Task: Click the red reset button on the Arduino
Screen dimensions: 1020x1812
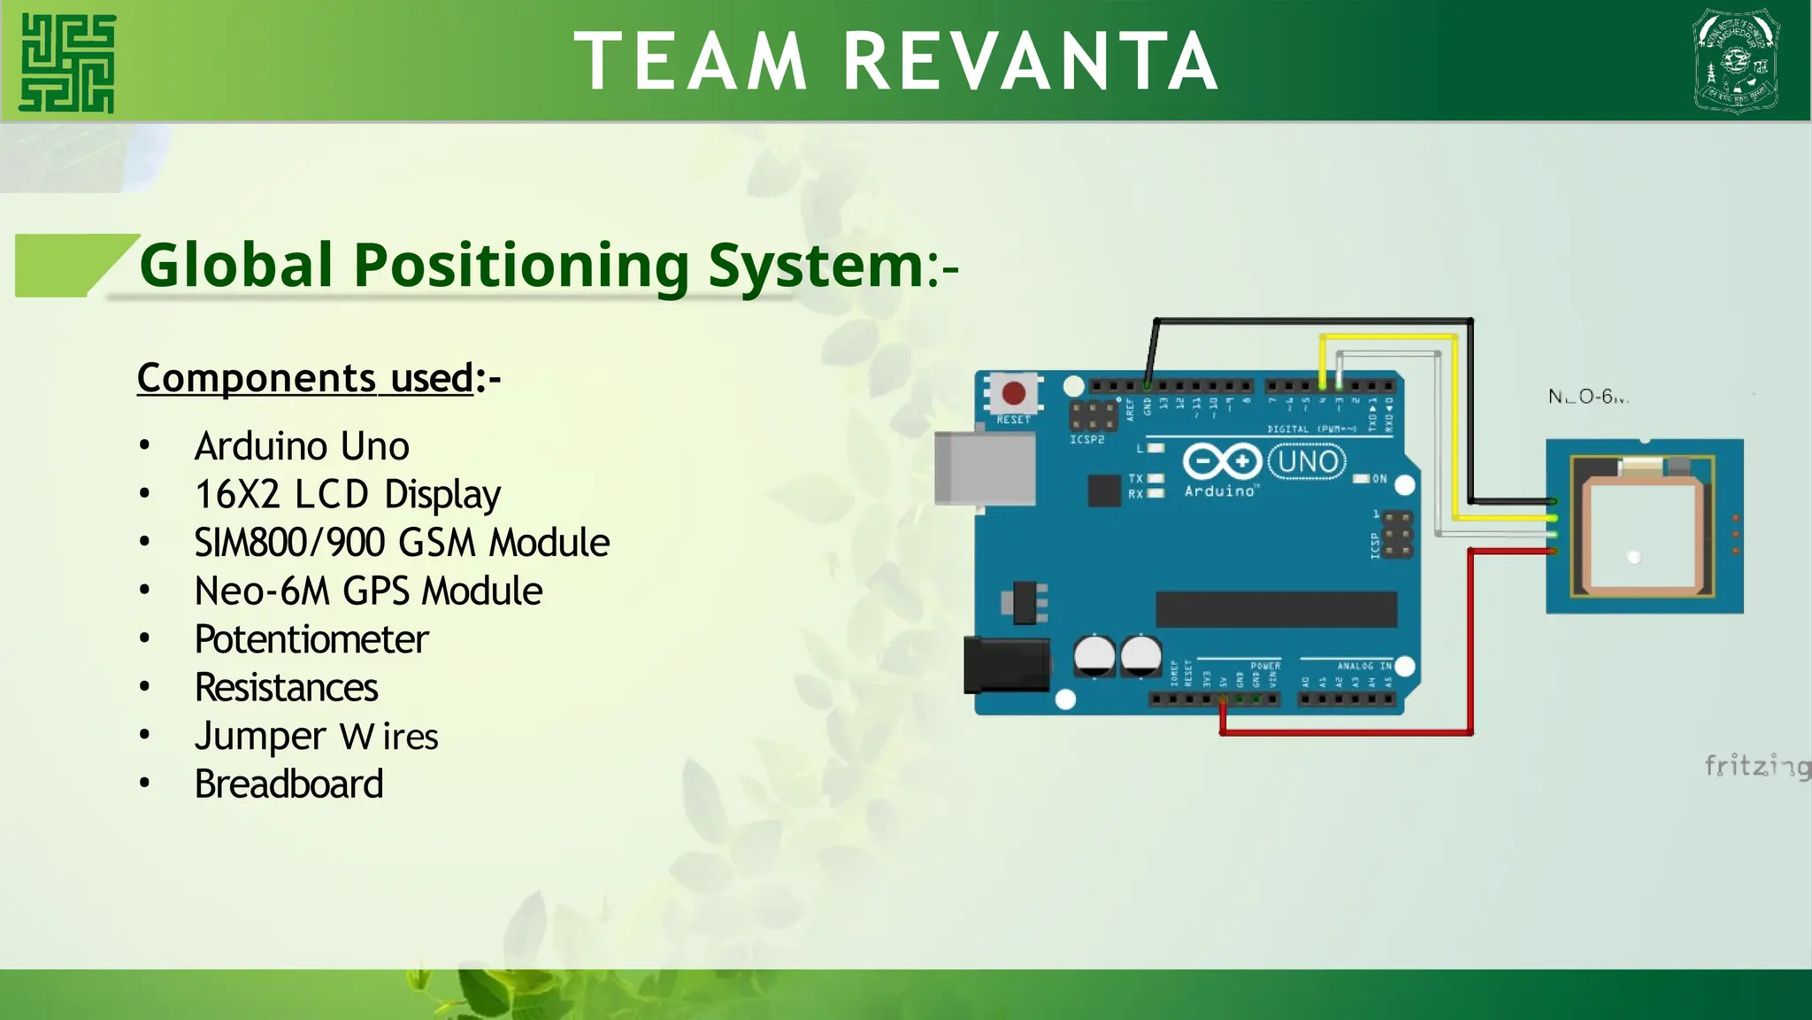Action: [1013, 393]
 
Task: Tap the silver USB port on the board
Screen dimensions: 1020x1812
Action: [985, 467]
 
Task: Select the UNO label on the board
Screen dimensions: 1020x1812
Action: [1308, 461]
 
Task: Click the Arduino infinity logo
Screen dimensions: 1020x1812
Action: [1222, 461]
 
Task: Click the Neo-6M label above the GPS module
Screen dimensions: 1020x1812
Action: [1587, 397]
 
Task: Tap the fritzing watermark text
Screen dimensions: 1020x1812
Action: [1756, 766]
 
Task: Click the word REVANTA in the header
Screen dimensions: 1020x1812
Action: [1031, 62]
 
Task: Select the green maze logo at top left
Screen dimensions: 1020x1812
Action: [68, 63]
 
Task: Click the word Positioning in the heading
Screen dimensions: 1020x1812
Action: [521, 265]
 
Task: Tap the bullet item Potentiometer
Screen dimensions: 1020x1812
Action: [311, 639]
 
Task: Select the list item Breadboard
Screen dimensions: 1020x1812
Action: [288, 784]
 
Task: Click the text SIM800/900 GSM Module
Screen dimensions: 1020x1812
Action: [402, 543]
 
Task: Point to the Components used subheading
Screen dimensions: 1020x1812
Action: [305, 378]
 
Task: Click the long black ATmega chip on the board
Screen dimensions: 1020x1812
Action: [1276, 609]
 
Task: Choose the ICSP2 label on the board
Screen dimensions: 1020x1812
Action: [1087, 439]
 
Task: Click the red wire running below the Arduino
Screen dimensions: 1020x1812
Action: [1345, 732]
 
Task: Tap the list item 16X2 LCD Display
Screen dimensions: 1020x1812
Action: [348, 494]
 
